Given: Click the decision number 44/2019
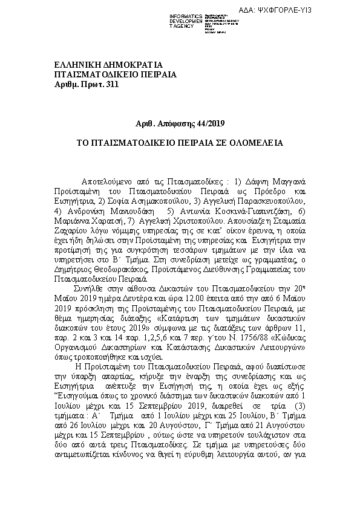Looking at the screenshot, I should click(x=208, y=124).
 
